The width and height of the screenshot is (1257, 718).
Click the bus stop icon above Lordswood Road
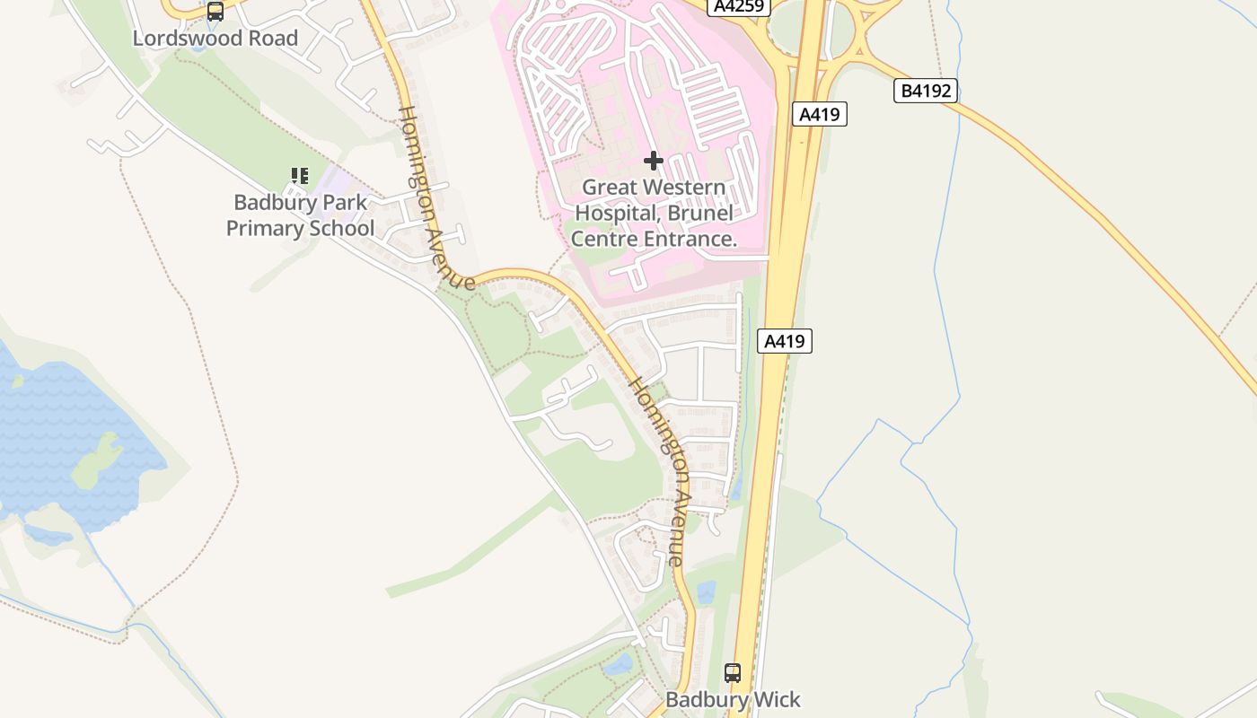click(215, 12)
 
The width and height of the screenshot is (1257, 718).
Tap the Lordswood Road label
click(215, 39)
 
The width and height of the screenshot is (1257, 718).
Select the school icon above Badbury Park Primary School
click(300, 176)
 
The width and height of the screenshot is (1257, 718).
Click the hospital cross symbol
click(654, 161)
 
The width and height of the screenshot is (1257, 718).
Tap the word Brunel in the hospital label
click(700, 214)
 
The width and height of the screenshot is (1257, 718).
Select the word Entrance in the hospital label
click(687, 239)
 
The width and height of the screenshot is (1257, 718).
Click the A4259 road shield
click(739, 6)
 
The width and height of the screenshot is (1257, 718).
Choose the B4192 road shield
click(926, 91)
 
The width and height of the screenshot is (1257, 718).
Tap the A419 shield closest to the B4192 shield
click(820, 114)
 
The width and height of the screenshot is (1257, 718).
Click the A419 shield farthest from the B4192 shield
click(785, 341)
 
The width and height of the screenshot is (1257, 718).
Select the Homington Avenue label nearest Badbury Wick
click(658, 470)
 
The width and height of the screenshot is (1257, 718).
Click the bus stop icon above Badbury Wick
click(733, 672)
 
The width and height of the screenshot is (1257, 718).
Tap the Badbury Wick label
click(733, 699)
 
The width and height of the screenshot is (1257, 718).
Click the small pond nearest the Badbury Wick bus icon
click(706, 592)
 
